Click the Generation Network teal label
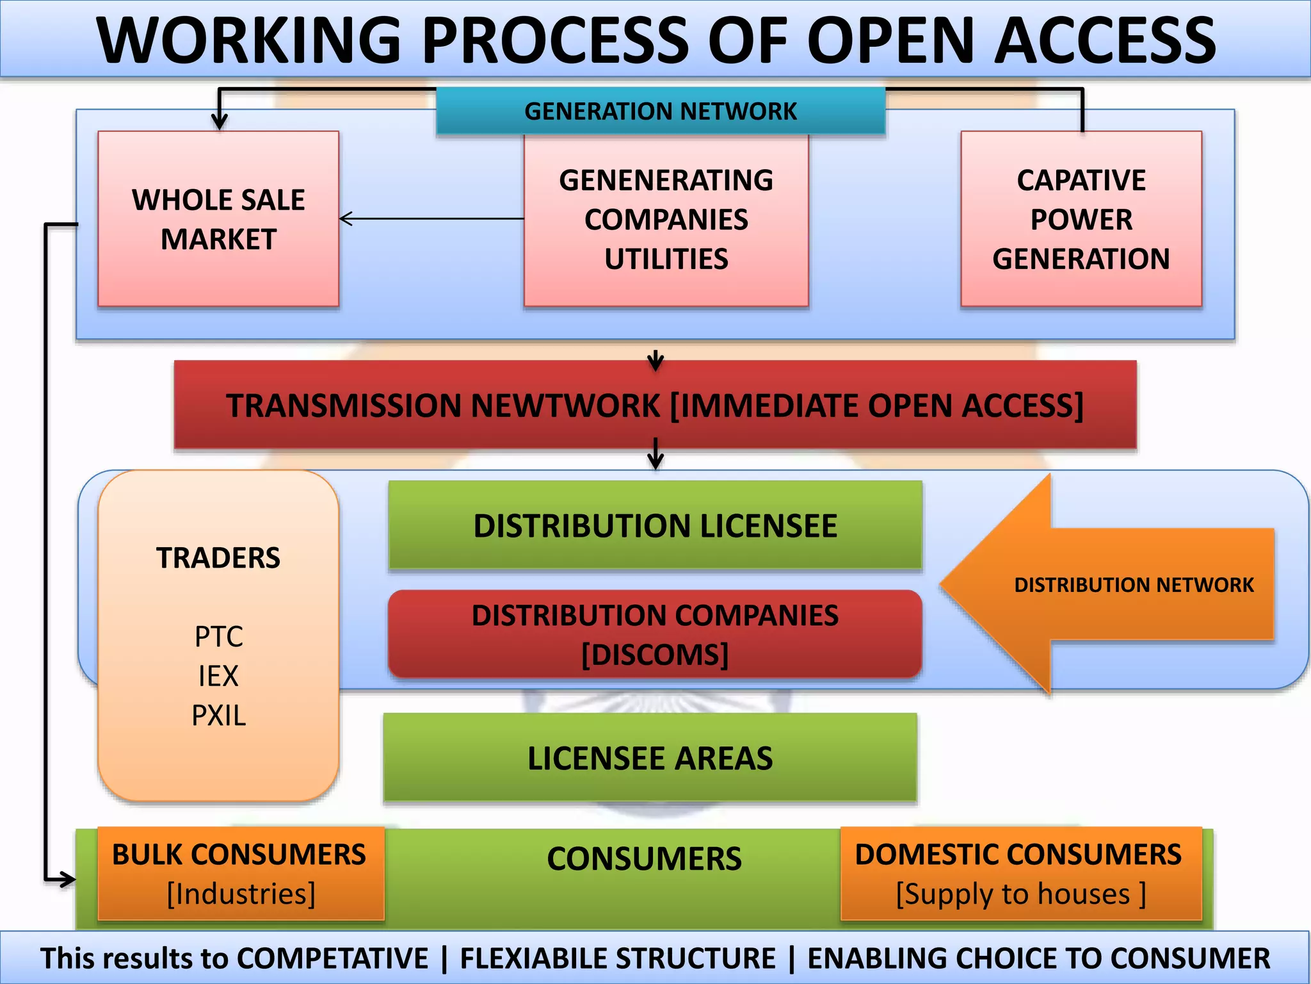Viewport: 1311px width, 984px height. pyautogui.click(x=660, y=111)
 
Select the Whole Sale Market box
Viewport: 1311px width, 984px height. pyautogui.click(x=218, y=218)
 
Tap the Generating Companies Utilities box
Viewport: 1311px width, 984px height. pyautogui.click(x=666, y=220)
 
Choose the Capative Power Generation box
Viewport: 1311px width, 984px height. pyautogui.click(x=1081, y=219)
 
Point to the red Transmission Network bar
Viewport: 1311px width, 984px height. pyautogui.click(x=655, y=405)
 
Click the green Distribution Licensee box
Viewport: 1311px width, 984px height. pyautogui.click(x=655, y=525)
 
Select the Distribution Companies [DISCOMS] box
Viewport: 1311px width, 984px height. pyautogui.click(x=655, y=634)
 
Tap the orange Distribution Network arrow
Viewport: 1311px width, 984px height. pyautogui.click(x=1107, y=584)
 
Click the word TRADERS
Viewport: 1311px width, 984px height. pyautogui.click(x=218, y=557)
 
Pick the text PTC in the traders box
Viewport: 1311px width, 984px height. pyautogui.click(x=218, y=637)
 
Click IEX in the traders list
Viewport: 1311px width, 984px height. pyautogui.click(x=218, y=676)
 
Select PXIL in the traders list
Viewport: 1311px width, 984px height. pyautogui.click(x=218, y=716)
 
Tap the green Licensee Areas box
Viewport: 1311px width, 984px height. pyautogui.click(x=650, y=758)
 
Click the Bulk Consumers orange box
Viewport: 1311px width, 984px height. pyautogui.click(x=240, y=874)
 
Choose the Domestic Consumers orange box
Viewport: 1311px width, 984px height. pyautogui.click(x=1020, y=874)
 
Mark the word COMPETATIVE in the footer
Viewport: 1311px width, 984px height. pyautogui.click(x=332, y=958)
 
